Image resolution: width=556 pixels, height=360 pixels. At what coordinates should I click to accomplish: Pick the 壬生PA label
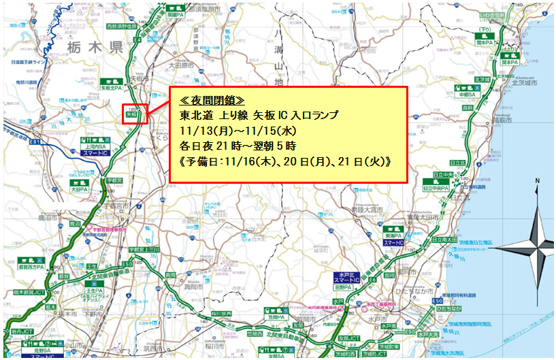tap(95, 289)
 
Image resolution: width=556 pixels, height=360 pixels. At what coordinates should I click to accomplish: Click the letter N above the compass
tap(537, 182)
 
